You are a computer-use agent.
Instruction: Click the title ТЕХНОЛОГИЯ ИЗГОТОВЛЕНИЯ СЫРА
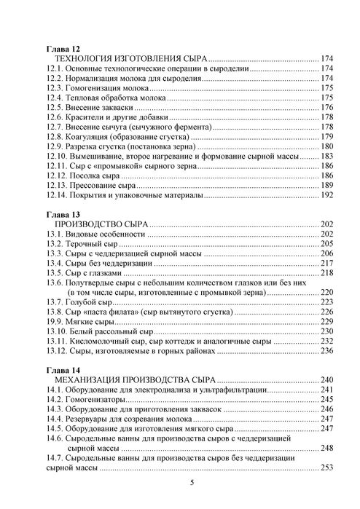point(131,59)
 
